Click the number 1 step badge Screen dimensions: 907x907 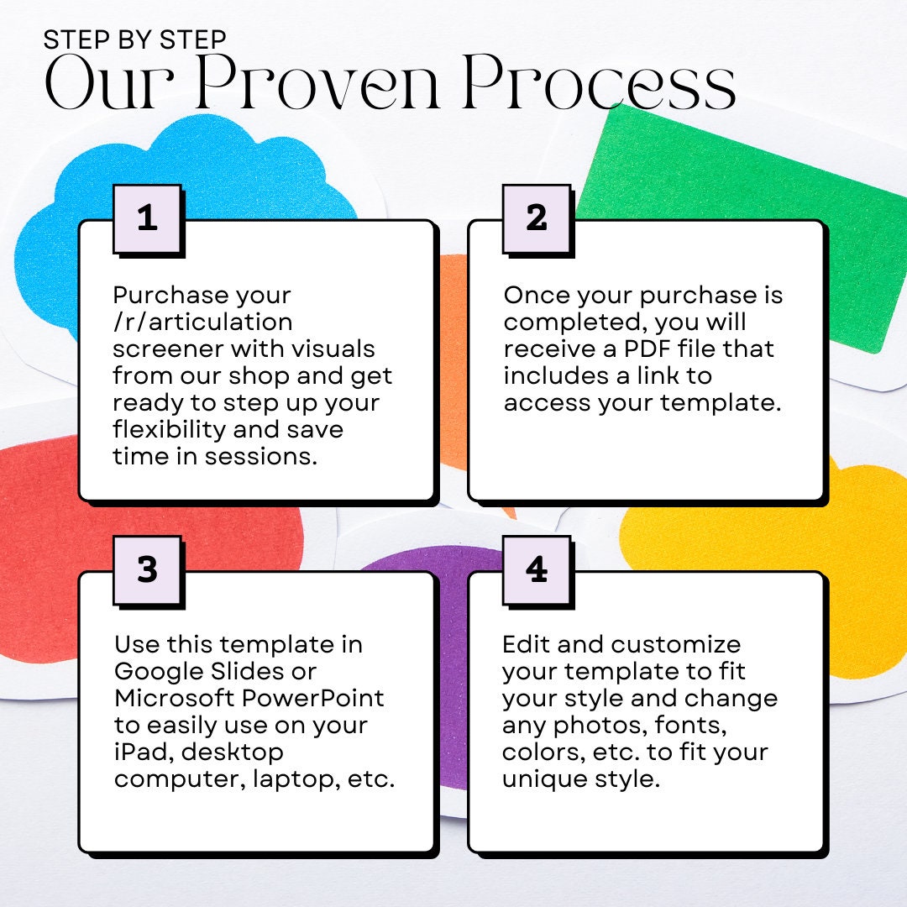[x=148, y=219]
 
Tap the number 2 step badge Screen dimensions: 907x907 [x=537, y=219]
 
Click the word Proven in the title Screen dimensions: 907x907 [x=317, y=81]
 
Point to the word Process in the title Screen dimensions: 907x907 [x=600, y=81]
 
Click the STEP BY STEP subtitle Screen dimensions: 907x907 [x=134, y=39]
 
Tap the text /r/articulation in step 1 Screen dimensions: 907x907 [x=202, y=322]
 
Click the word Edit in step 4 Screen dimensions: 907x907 [x=525, y=644]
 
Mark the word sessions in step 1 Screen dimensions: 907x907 [x=261, y=456]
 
